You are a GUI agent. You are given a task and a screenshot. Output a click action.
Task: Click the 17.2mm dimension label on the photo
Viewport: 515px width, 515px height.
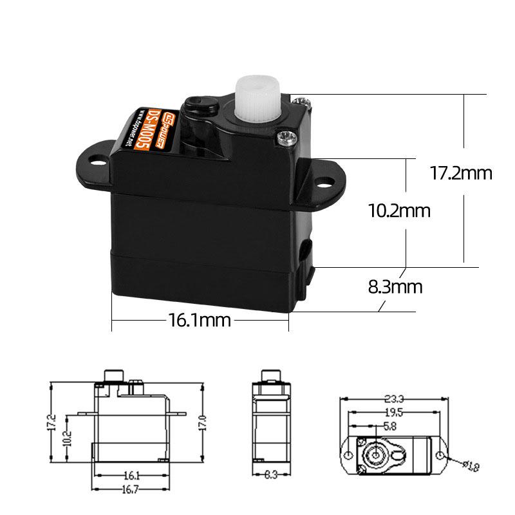[x=460, y=173]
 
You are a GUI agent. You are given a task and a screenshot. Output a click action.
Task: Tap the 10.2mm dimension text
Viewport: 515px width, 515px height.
[x=398, y=211]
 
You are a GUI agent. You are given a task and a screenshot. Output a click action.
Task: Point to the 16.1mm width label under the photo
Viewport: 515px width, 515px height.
[x=200, y=320]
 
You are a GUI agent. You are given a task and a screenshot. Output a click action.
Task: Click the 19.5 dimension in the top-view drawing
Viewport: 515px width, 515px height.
[x=394, y=413]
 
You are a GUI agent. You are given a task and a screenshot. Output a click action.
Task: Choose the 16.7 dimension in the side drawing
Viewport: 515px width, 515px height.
[x=131, y=491]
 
